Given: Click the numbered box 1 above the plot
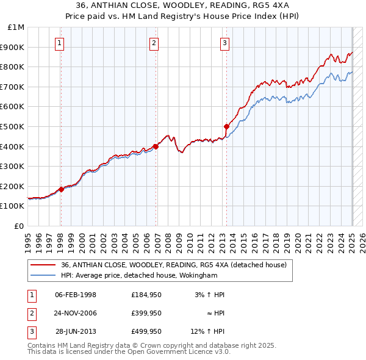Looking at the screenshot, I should coord(60,43).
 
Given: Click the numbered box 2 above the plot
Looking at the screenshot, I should coord(154,43).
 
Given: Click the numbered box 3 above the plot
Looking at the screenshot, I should coord(225,43).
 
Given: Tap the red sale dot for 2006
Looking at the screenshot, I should coord(156,146).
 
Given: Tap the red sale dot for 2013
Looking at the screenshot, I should coord(226,126).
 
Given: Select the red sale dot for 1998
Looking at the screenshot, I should coord(61,189).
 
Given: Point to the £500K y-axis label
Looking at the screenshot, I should coord(13,126).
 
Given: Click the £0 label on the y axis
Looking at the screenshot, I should coord(19,226).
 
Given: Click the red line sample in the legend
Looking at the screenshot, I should coord(44,265).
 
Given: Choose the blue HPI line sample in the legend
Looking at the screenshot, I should coord(44,275).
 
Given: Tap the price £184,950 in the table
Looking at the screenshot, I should coord(146,295).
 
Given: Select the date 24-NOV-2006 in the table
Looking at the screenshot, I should coord(76,313).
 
